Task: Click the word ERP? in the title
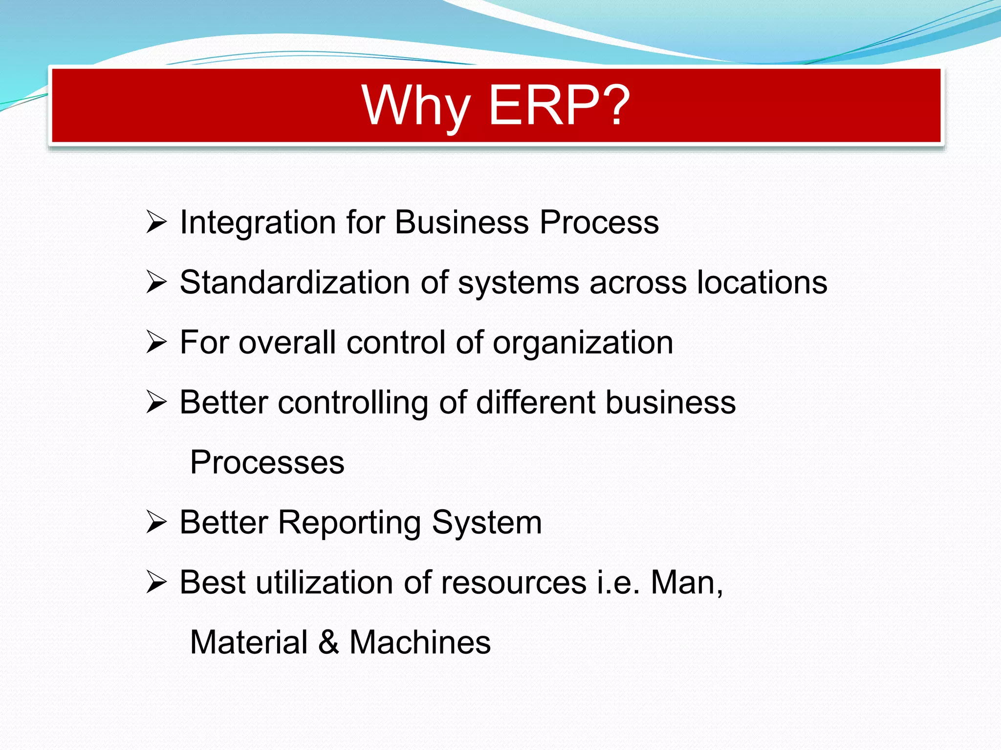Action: (x=559, y=105)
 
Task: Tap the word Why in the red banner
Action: (x=416, y=105)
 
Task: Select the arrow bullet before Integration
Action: (x=156, y=222)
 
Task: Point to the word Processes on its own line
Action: (x=267, y=462)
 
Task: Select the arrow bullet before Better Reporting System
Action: (x=156, y=522)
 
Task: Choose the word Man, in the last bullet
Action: (x=687, y=583)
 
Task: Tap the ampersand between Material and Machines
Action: (x=328, y=642)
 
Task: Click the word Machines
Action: (x=420, y=642)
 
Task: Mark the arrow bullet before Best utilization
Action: (x=156, y=583)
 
